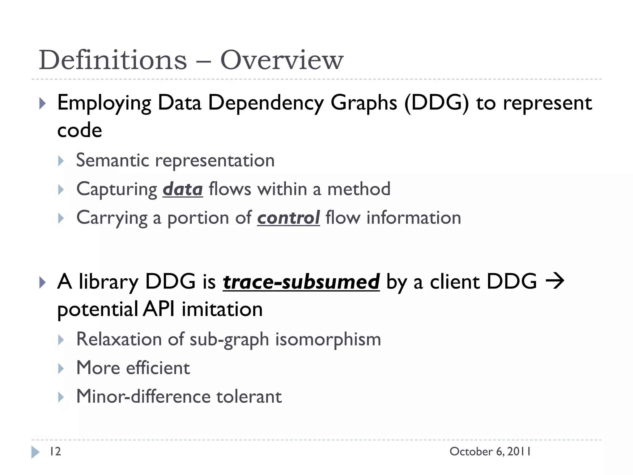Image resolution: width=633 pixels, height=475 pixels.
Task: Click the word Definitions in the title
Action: click(x=113, y=60)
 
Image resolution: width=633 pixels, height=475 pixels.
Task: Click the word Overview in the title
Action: click(x=282, y=60)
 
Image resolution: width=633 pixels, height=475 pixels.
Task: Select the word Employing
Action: click(x=104, y=103)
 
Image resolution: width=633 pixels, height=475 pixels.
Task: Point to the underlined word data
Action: click(x=183, y=189)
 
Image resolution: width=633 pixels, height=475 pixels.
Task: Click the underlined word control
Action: click(x=288, y=218)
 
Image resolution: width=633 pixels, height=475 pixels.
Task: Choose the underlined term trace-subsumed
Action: click(x=301, y=282)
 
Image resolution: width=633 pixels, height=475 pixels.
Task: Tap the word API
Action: click(x=159, y=309)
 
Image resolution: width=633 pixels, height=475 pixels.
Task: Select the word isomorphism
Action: click(x=328, y=339)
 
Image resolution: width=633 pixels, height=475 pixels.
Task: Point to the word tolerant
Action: click(x=249, y=396)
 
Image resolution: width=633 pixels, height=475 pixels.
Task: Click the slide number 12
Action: click(x=55, y=451)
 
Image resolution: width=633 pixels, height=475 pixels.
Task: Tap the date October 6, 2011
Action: click(x=490, y=451)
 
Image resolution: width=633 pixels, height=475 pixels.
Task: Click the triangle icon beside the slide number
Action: click(x=35, y=452)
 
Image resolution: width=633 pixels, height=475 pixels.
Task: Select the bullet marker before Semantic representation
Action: click(x=61, y=161)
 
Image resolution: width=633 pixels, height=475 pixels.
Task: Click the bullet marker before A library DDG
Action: click(x=43, y=282)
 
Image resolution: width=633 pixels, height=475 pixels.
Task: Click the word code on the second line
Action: click(x=79, y=130)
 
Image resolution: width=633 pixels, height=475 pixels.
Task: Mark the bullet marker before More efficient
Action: click(x=61, y=368)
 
